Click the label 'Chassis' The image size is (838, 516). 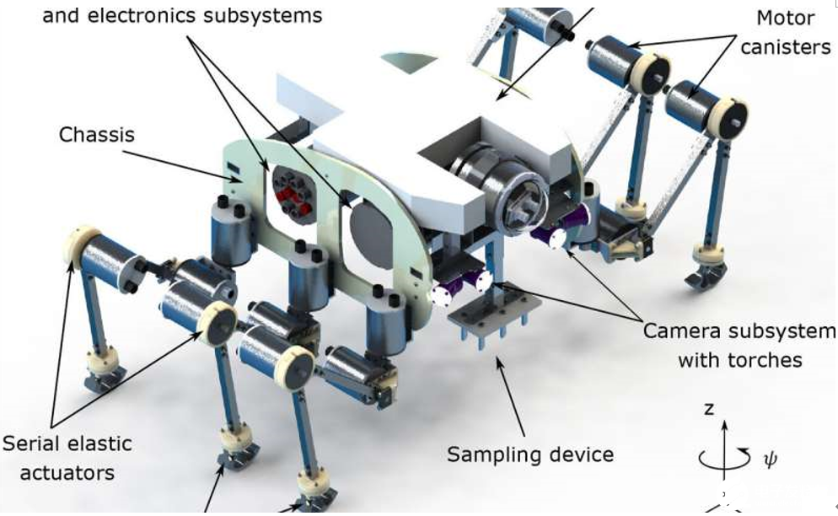coord(97,135)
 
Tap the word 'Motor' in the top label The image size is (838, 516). coord(785,17)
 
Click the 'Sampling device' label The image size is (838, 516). coord(529,454)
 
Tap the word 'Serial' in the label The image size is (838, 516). coord(35,443)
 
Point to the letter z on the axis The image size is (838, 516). coord(709,408)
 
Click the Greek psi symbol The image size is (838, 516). coord(769,459)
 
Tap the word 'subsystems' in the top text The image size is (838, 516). coord(269,15)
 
